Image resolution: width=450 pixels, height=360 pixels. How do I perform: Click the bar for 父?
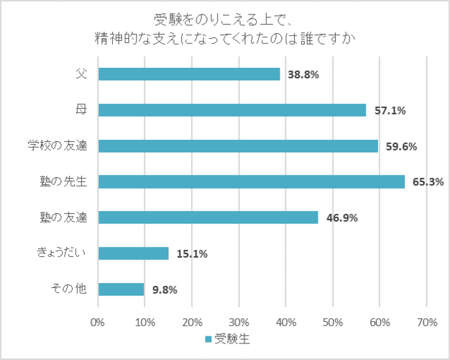189,74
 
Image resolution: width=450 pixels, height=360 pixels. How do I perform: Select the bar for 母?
232,110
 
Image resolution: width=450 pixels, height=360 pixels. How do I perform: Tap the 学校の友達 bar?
238,146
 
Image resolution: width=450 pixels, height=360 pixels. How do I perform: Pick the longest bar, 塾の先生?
251,181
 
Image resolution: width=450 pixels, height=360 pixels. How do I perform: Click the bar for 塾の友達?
208,217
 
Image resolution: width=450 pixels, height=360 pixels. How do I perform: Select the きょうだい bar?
134,253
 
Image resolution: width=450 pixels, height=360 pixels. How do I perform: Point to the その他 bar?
121,289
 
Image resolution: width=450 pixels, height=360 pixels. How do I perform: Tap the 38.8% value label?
303,75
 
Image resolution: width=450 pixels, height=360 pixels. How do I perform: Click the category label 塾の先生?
63,182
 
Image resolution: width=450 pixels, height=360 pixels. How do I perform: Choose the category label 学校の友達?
55,146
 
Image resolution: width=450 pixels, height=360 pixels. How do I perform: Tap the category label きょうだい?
61,253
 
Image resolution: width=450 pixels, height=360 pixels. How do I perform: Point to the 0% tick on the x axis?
98,322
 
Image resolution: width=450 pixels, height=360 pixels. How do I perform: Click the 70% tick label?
426,322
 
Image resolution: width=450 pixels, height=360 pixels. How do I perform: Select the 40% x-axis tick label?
285,322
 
